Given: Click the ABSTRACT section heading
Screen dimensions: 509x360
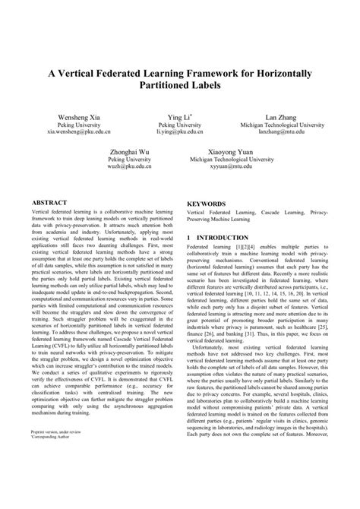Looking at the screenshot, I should pyautogui.click(x=47, y=204).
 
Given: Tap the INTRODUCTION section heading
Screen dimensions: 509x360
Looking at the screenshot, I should pyautogui.click(x=228, y=238).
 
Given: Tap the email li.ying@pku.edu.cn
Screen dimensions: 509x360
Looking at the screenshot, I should pyautogui.click(x=179, y=131).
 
